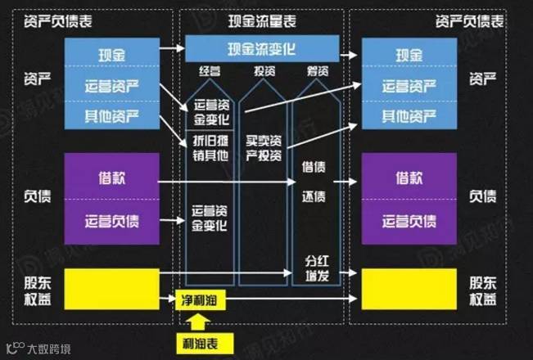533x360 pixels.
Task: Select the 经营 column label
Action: (x=210, y=73)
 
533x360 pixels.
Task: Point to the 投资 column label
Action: (x=261, y=73)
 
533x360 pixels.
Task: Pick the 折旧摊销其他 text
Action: (x=210, y=151)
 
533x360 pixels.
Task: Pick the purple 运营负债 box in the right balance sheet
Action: (x=408, y=221)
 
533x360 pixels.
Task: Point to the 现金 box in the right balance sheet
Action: (x=408, y=55)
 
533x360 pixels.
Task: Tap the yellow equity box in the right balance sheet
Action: (x=408, y=289)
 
